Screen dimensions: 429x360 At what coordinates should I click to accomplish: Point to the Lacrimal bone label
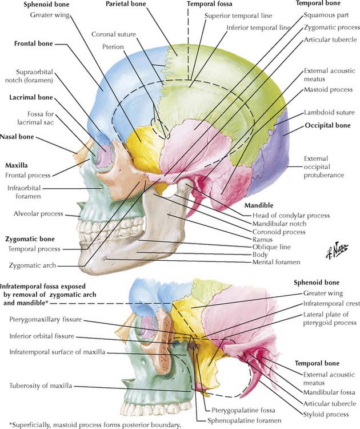click(31, 98)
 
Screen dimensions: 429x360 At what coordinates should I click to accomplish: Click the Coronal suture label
click(114, 34)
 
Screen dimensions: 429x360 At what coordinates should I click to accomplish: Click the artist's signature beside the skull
click(333, 251)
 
